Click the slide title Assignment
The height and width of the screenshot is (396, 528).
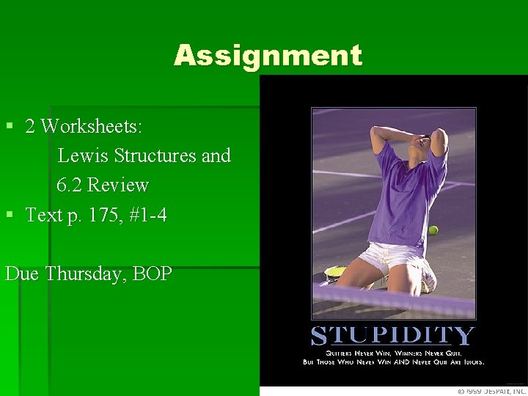[268, 56]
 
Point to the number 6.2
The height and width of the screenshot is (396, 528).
[69, 185]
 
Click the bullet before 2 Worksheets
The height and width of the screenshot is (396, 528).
[10, 126]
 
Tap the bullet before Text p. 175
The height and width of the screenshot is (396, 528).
[10, 215]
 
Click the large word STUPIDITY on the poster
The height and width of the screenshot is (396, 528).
[392, 337]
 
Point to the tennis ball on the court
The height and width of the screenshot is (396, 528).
[433, 230]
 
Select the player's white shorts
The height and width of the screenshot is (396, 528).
[389, 257]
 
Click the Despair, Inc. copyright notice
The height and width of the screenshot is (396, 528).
[490, 391]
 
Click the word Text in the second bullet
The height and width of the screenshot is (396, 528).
[43, 215]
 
